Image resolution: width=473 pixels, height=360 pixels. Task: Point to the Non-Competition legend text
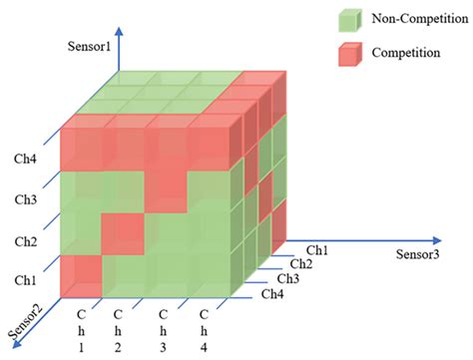click(416, 19)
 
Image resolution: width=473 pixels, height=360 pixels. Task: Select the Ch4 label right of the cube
click(272, 293)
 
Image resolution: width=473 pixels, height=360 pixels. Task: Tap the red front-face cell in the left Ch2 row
click(122, 234)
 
